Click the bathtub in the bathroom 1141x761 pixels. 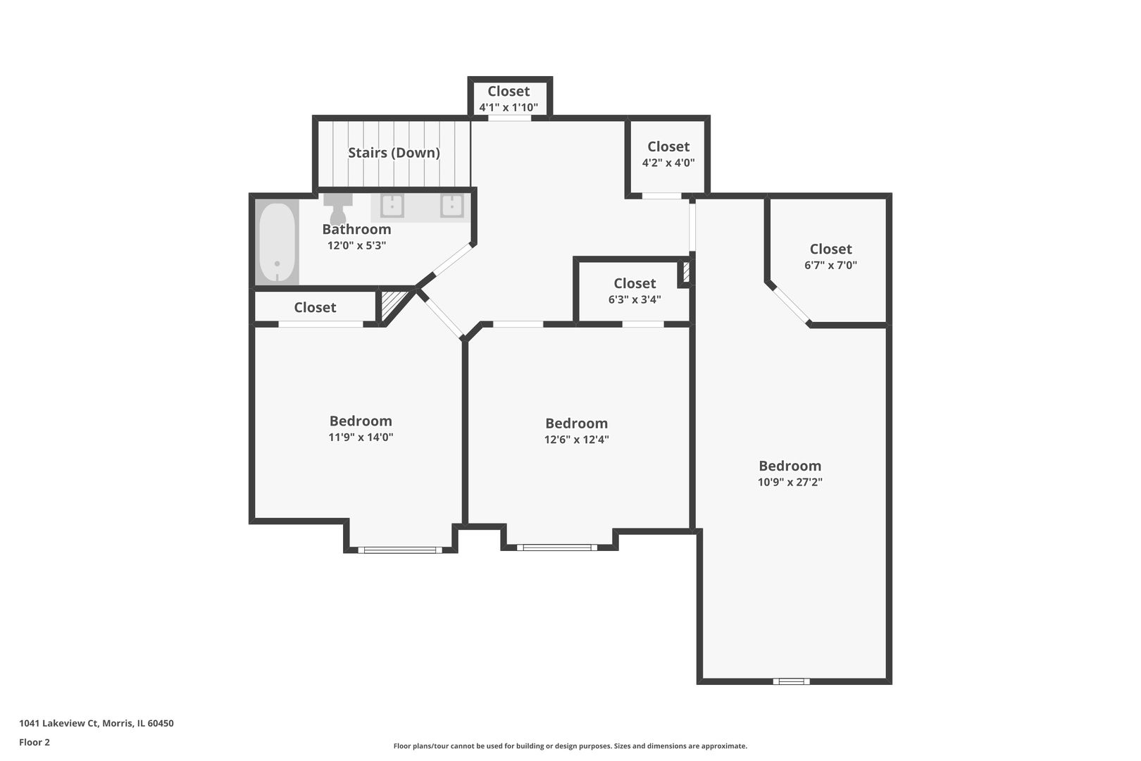277,242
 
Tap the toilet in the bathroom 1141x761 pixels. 337,208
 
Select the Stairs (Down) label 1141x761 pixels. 394,152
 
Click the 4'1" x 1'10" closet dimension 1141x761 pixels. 509,108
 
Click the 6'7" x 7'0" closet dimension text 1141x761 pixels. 831,265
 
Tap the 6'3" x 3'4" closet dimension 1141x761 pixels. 635,299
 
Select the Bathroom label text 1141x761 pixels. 356,230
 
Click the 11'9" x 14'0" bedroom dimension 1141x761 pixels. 361,437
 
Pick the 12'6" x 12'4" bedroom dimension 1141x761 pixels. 577,440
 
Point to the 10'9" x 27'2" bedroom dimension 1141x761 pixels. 790,482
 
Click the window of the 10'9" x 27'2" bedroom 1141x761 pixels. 791,681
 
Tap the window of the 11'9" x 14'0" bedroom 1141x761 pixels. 400,550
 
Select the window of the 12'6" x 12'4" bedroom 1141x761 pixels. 556,547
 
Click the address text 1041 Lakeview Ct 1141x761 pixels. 58,723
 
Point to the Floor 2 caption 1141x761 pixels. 35,742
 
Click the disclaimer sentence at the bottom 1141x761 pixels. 570,745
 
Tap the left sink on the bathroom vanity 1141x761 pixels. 392,206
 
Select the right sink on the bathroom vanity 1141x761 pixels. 451,206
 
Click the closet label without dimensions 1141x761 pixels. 315,307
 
